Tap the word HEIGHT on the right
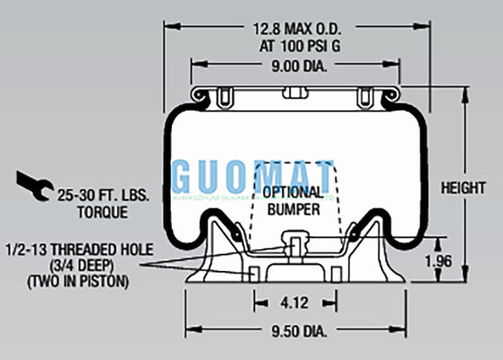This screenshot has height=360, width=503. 464,189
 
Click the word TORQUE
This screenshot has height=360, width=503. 102,211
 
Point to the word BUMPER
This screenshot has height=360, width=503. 292,209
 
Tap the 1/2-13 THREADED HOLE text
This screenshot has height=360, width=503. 78,248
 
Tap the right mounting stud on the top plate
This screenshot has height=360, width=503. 365,96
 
